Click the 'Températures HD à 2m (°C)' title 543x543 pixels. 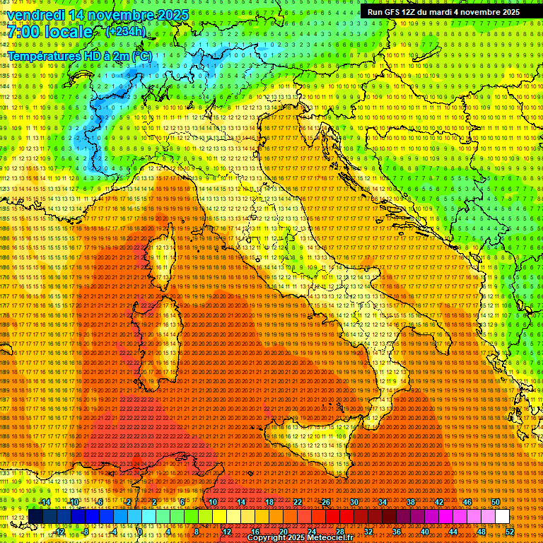(x=79, y=55)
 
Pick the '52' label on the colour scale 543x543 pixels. (x=510, y=532)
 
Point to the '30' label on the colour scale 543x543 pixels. (x=354, y=502)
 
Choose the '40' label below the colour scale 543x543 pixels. (x=425, y=532)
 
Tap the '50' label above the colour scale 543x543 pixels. (x=495, y=502)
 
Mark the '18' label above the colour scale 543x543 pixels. (x=269, y=502)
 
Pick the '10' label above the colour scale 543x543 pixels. (x=212, y=502)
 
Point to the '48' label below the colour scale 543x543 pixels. (x=481, y=532)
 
